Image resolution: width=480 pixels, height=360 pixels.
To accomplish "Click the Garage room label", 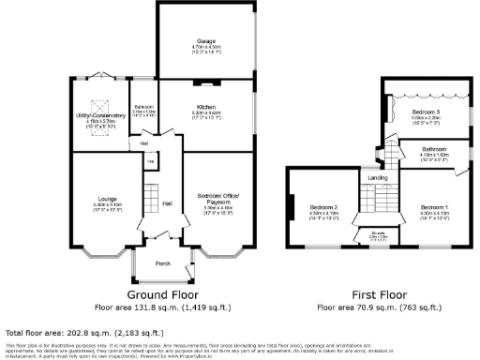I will (206, 42).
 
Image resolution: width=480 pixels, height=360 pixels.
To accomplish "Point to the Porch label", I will (162, 263).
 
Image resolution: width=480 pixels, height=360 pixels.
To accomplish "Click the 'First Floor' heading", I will (378, 292).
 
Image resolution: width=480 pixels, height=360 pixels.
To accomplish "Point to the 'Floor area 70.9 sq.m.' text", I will (378, 307).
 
